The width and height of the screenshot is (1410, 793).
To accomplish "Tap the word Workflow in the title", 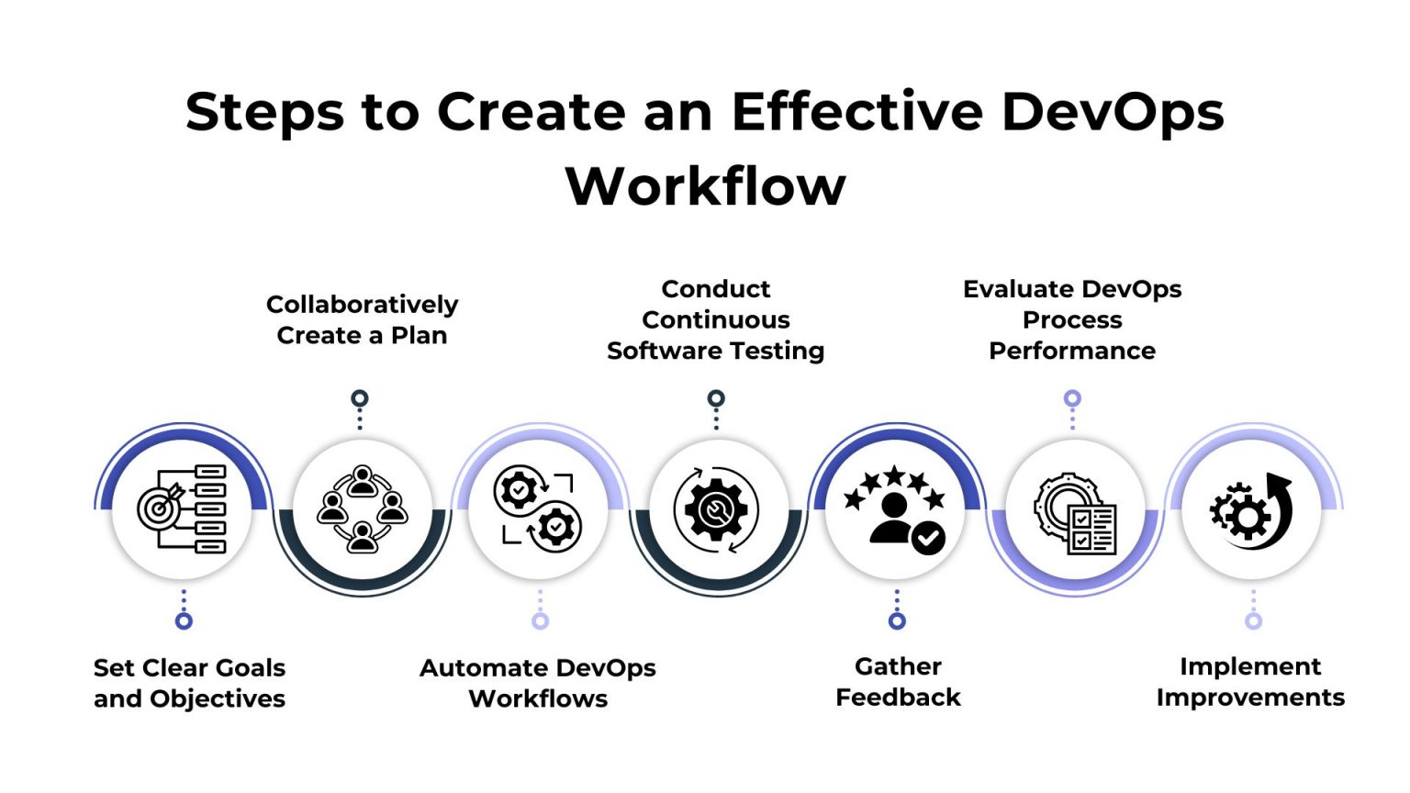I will (705, 187).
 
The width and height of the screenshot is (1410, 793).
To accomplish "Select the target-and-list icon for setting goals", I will (182, 509).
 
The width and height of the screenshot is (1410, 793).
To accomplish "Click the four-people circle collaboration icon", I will (362, 509).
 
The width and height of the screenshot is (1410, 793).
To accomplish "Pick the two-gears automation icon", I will (538, 509).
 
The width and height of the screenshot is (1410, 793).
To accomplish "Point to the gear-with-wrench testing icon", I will (716, 509).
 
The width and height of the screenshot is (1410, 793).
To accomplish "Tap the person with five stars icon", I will (895, 509).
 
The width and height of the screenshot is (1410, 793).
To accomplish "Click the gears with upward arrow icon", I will (1251, 510).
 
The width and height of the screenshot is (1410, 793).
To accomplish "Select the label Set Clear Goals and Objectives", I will (189, 683).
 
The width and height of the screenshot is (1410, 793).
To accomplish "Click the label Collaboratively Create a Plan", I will (362, 319).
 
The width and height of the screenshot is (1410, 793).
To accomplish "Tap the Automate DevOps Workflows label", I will (538, 683).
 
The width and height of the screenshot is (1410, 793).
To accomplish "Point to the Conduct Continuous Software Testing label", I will (716, 319).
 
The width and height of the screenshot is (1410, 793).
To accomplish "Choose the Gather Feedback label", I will (898, 682).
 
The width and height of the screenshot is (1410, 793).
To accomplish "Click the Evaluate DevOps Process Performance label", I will (1072, 319).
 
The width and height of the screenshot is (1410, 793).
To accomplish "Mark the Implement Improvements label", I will (1250, 682).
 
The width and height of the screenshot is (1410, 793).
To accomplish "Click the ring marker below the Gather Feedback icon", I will (897, 621).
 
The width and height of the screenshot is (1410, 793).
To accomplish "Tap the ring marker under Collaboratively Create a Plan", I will (360, 398).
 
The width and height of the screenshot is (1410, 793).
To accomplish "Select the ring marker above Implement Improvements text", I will (1253, 621).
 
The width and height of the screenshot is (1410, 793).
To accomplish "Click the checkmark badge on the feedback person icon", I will (928, 537).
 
